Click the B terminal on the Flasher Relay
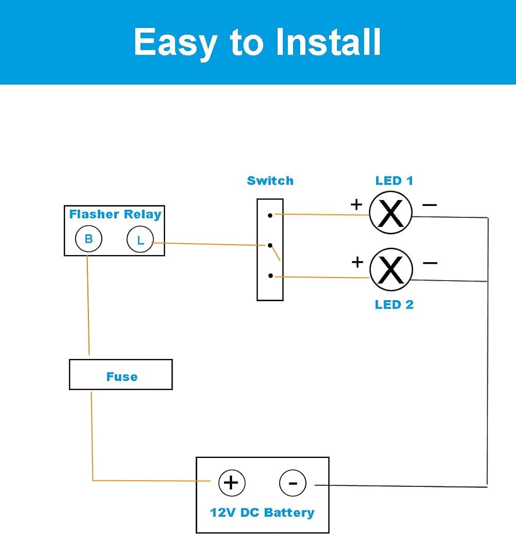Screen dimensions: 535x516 pos(88,239)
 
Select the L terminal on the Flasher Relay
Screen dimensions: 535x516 pos(140,240)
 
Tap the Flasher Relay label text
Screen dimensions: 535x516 pos(115,215)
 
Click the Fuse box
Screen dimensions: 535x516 pos(121,375)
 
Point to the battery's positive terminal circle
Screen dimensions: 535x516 pos(231,483)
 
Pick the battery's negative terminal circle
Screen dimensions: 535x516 pos(293,484)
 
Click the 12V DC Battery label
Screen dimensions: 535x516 pos(262,513)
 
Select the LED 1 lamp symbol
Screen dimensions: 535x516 pos(391,212)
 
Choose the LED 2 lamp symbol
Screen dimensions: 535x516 pos(391,269)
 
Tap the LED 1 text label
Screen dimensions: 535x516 pos(394,181)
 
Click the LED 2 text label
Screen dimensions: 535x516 pos(394,305)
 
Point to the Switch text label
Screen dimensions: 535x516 pos(270,181)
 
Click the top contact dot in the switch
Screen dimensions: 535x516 pos(271,215)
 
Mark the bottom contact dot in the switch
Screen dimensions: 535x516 pos(271,276)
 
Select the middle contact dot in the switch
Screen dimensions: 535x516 pos(271,246)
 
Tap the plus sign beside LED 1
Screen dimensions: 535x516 pos(356,204)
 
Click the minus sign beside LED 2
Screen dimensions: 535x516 pos(430,262)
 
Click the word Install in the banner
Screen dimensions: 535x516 pos(328,42)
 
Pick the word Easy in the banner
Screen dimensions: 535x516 pos(176,42)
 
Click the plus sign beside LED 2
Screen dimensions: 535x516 pos(357,262)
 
